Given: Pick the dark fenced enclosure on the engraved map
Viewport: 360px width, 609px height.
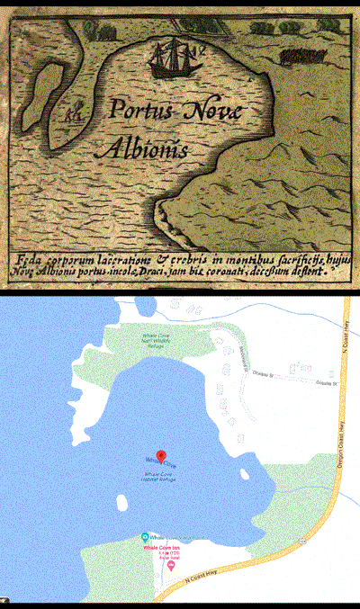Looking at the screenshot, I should coord(301,58).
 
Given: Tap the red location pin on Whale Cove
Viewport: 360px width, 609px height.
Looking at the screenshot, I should coord(161,456).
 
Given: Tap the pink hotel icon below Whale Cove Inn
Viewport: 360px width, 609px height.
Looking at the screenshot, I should coord(171,565).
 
